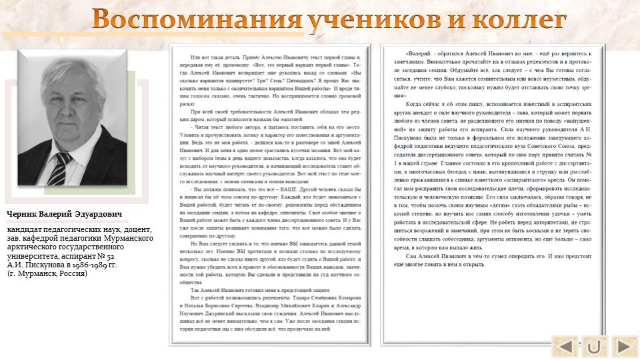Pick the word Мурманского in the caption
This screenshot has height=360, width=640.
pos(134,239)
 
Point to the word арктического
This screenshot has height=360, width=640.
pos(34,247)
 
